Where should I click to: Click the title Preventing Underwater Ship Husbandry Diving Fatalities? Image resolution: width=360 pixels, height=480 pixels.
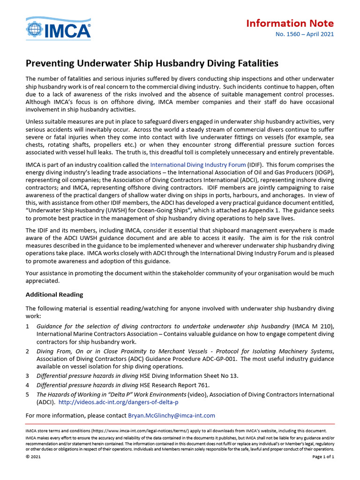click(x=152, y=63)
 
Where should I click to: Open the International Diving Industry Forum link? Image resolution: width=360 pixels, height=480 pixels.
click(x=198, y=165)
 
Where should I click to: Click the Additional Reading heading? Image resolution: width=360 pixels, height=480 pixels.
click(x=54, y=294)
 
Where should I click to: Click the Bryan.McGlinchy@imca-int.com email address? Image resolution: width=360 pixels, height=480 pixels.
click(x=172, y=415)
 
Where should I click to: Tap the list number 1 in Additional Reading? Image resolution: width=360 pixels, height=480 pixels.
click(x=28, y=326)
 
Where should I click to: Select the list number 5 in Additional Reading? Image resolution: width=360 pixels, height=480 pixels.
click(x=28, y=395)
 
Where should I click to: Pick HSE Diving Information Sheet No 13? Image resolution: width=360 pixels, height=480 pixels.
click(x=189, y=376)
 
